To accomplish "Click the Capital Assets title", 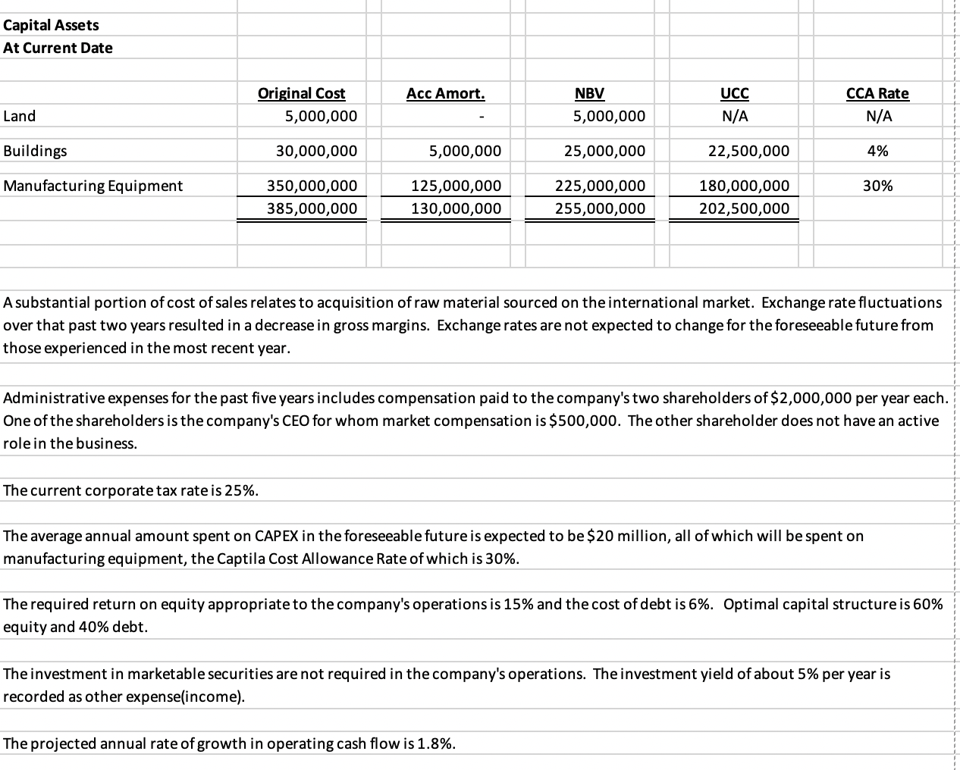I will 51,25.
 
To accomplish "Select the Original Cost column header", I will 301,93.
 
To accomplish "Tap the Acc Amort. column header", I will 445,93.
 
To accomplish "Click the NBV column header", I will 589,93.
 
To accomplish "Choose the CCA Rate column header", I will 877,93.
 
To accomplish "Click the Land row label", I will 20,116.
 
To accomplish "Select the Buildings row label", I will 35,151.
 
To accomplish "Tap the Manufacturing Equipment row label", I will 93,186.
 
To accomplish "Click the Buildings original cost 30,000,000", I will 316,151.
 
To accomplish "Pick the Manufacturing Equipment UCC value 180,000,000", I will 743,186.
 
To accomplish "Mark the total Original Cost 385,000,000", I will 312,208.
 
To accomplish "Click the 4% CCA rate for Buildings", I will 877,151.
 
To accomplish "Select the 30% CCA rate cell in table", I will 877,186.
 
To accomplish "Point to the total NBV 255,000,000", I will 600,208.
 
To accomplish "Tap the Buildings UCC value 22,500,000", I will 748,151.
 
